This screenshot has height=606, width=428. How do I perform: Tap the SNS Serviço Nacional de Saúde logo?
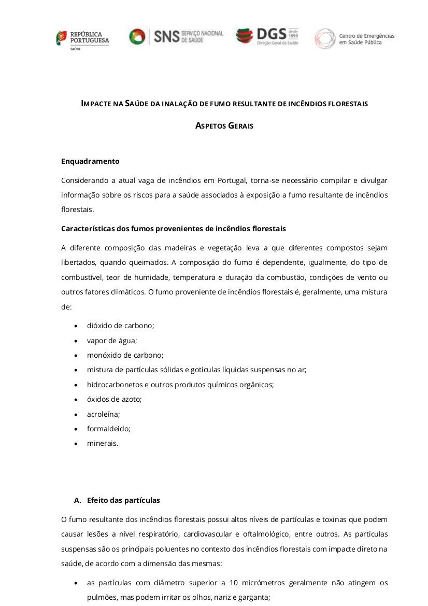(x=176, y=36)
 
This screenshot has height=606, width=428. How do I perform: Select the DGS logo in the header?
(x=267, y=36)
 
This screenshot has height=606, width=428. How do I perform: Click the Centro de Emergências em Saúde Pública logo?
(x=354, y=39)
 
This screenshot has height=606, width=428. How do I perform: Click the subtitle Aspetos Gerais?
(x=224, y=125)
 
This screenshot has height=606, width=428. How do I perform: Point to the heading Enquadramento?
(x=90, y=161)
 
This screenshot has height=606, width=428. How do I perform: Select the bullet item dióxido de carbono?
(x=120, y=326)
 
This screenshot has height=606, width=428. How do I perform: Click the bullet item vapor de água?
(x=112, y=341)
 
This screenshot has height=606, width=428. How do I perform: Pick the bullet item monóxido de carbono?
(x=125, y=355)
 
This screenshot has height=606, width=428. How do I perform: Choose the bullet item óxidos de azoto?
(x=114, y=399)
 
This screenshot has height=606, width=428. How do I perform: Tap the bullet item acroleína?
(x=103, y=414)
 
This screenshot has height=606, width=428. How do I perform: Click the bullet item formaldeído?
(x=108, y=429)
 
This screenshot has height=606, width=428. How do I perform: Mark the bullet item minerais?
(x=103, y=443)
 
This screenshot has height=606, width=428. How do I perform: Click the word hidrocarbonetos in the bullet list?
(x=111, y=385)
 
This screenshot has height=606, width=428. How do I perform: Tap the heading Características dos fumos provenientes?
(x=173, y=229)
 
